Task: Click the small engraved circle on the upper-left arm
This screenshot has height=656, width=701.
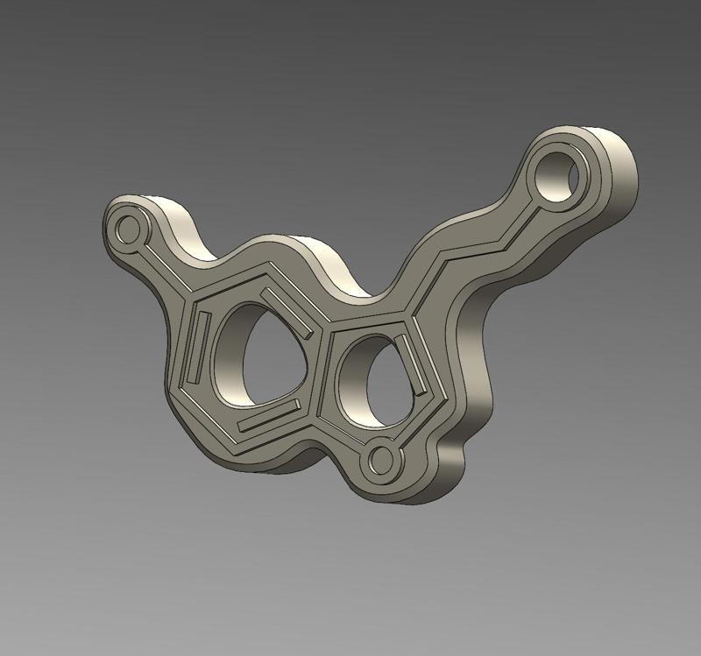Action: (129, 229)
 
